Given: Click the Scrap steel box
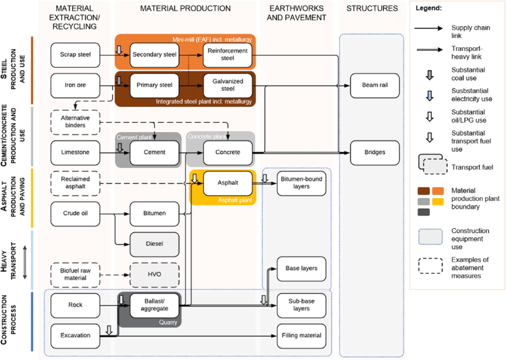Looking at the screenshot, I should (75, 55).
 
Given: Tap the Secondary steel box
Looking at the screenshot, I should (155, 55).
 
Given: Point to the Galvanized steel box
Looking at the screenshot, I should (228, 85).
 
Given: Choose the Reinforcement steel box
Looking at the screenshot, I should (228, 55).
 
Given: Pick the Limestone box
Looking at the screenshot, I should (75, 152).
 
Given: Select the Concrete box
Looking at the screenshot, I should (228, 152).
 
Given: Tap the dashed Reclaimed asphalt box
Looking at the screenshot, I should (75, 183).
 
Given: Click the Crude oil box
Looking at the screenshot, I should (75, 213).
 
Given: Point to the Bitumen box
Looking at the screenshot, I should (155, 213).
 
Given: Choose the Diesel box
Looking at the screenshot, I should (155, 243).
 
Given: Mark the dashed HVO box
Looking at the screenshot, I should (155, 274).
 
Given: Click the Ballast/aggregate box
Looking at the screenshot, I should (155, 305).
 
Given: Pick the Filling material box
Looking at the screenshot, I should (302, 336).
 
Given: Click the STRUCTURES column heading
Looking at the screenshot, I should (372, 9).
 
